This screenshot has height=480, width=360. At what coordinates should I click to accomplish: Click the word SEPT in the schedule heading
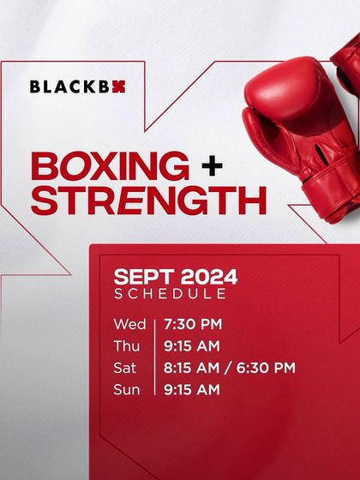pyautogui.click(x=142, y=277)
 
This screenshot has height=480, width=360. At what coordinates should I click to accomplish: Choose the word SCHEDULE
pyautogui.click(x=171, y=294)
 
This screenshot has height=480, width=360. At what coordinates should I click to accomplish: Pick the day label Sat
pyautogui.click(x=124, y=368)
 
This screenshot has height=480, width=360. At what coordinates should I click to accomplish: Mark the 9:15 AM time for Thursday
pyautogui.click(x=192, y=345)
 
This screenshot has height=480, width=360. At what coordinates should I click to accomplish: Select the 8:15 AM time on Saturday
pyautogui.click(x=192, y=368)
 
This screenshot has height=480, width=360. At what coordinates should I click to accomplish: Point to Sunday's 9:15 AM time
pyautogui.click(x=192, y=390)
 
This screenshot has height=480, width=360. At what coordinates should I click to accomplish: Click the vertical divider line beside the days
pyautogui.click(x=154, y=357)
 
